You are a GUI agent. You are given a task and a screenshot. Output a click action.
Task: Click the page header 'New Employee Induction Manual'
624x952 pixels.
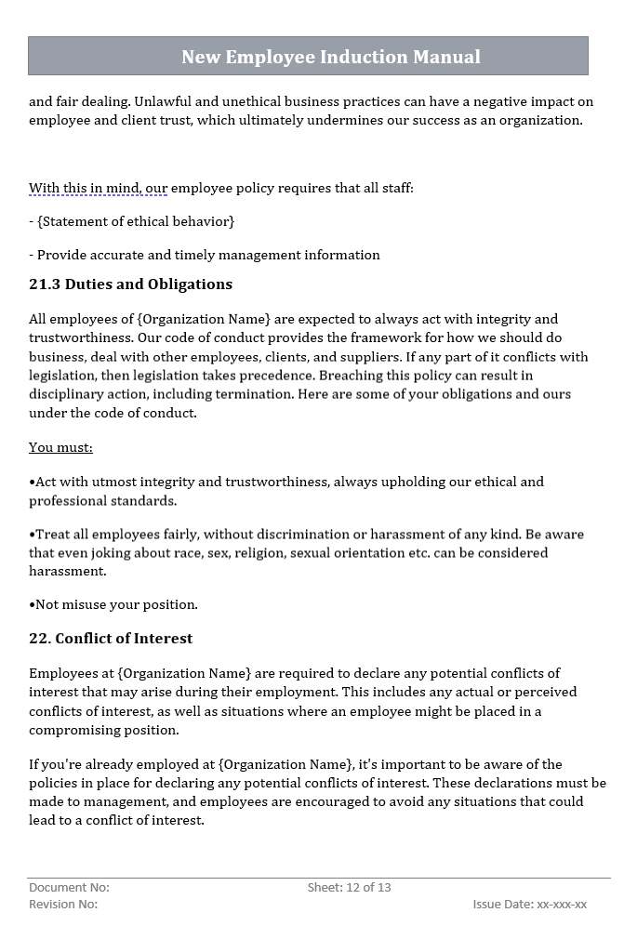coord(330,57)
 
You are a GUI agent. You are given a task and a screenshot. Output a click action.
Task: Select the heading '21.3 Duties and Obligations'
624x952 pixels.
coord(130,284)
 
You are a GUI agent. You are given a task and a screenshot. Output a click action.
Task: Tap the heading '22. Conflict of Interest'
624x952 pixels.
coord(111,639)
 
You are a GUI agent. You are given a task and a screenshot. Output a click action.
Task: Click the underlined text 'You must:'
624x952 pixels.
coord(60,447)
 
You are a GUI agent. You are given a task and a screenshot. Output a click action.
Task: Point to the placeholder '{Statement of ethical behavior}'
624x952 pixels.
coord(136,221)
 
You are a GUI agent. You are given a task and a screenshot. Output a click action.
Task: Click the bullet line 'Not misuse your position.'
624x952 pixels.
coord(115,604)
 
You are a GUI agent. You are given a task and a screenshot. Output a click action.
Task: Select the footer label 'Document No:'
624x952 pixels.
coord(69,888)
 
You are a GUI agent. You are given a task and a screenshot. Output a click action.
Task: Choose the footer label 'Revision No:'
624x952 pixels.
coord(63,905)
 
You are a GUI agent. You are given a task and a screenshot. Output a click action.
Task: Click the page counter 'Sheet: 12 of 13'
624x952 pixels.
coord(349,888)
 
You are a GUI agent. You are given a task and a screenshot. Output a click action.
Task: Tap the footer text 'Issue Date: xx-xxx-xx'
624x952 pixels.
coord(529,905)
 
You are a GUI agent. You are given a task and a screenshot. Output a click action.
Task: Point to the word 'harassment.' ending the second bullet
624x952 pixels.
coord(68,571)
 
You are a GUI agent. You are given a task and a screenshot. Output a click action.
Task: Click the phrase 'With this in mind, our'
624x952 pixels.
coord(98,188)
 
